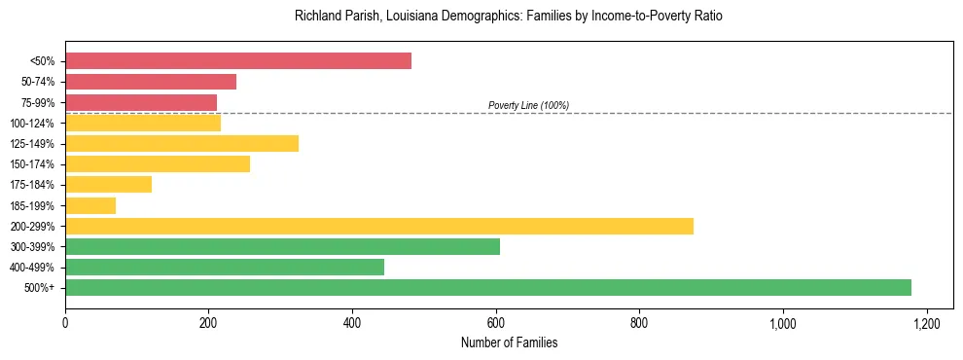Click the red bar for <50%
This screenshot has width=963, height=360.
pos(238,61)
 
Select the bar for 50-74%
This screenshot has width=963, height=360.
pos(151,82)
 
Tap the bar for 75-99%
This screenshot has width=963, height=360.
pos(141,102)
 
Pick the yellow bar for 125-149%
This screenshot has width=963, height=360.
pos(182,143)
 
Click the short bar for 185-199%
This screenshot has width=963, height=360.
pos(90,205)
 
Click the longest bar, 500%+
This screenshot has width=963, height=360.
pos(488,287)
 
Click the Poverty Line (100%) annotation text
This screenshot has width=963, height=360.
pos(528,105)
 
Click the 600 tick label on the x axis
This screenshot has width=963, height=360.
pos(496,322)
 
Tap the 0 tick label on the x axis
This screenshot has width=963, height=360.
pos(65,322)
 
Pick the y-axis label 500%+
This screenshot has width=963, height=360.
pos(40,288)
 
